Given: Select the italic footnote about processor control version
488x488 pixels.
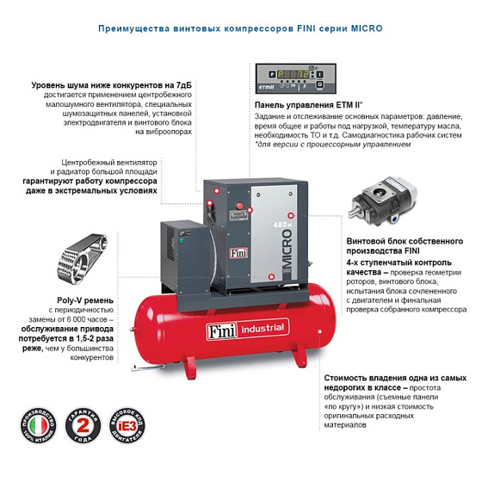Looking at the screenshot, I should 331,145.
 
